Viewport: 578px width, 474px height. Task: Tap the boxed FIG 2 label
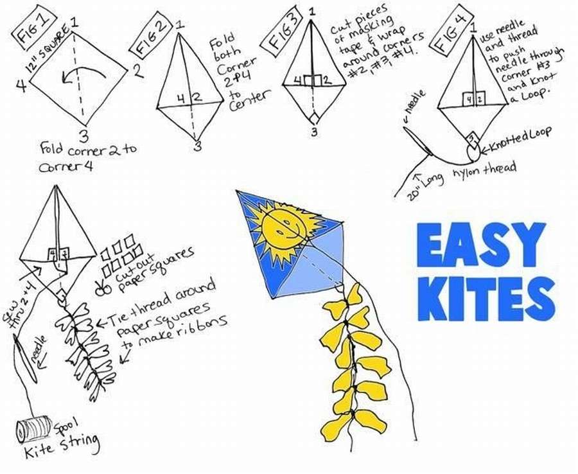(148, 43)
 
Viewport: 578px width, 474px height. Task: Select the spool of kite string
(33, 426)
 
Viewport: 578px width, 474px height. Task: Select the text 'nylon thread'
(482, 168)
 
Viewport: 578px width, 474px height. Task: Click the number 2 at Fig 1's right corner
(139, 71)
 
